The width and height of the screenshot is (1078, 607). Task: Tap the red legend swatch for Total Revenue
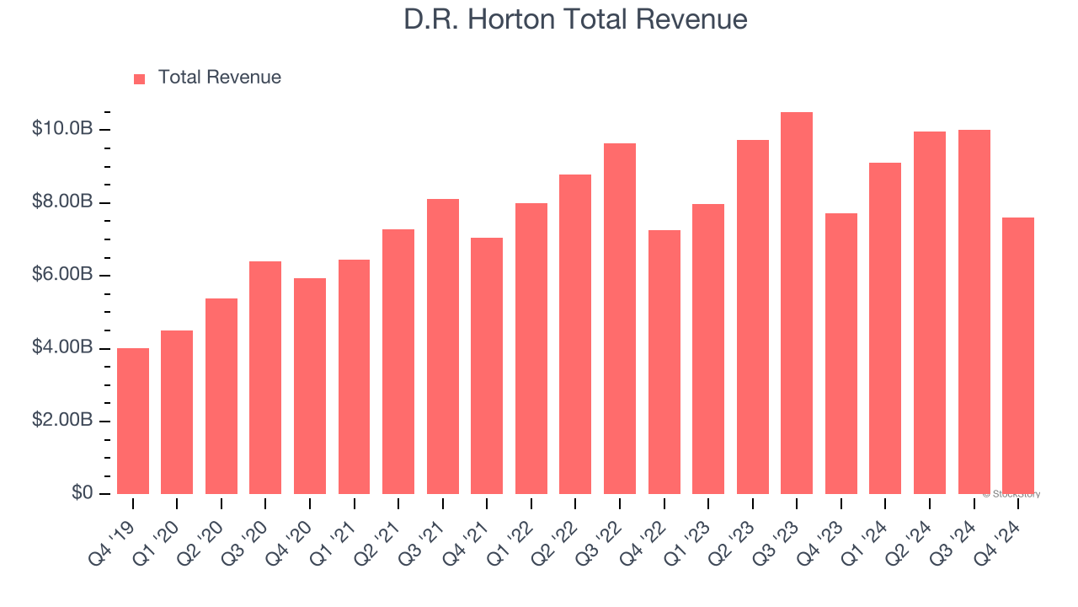(x=140, y=78)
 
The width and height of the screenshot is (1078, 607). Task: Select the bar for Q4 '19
(x=133, y=421)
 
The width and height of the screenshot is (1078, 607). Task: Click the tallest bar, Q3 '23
(x=797, y=303)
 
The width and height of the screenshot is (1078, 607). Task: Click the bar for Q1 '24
(x=885, y=328)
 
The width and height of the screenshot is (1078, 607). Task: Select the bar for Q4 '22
(x=664, y=362)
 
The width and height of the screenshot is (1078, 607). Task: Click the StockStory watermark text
(x=1011, y=494)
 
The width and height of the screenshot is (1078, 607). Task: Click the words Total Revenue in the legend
(x=219, y=78)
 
